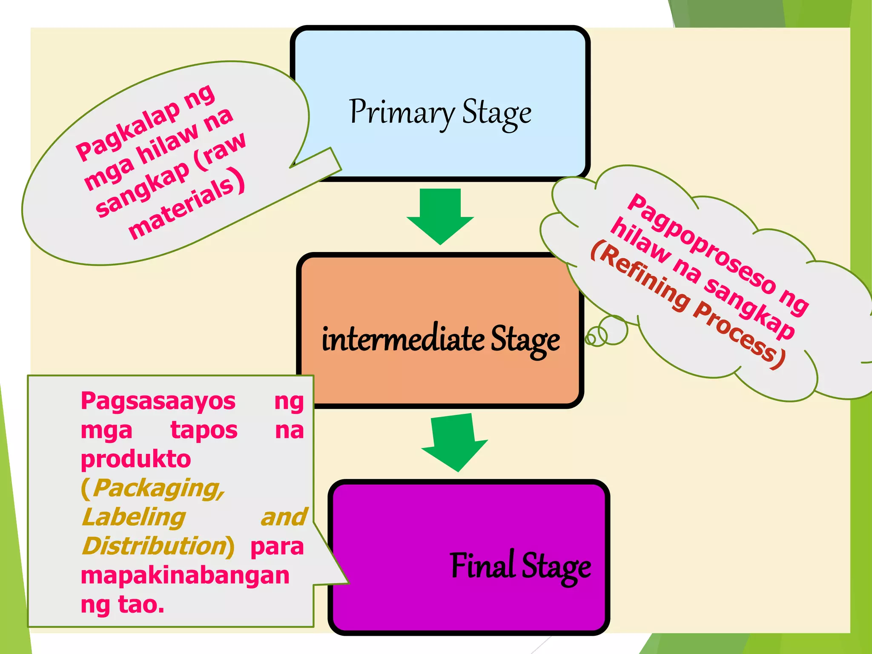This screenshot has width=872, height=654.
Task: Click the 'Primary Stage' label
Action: pos(440,113)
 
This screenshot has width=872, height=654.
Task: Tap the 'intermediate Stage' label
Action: pos(441,340)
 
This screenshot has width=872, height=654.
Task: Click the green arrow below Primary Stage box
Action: pos(440,216)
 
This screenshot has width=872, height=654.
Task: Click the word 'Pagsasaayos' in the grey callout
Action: pos(158,402)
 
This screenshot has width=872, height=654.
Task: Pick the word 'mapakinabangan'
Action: pos(185,576)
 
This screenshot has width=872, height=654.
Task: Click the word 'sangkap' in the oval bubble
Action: pos(143,190)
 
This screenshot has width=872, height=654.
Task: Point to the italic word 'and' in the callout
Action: pos(284,517)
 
